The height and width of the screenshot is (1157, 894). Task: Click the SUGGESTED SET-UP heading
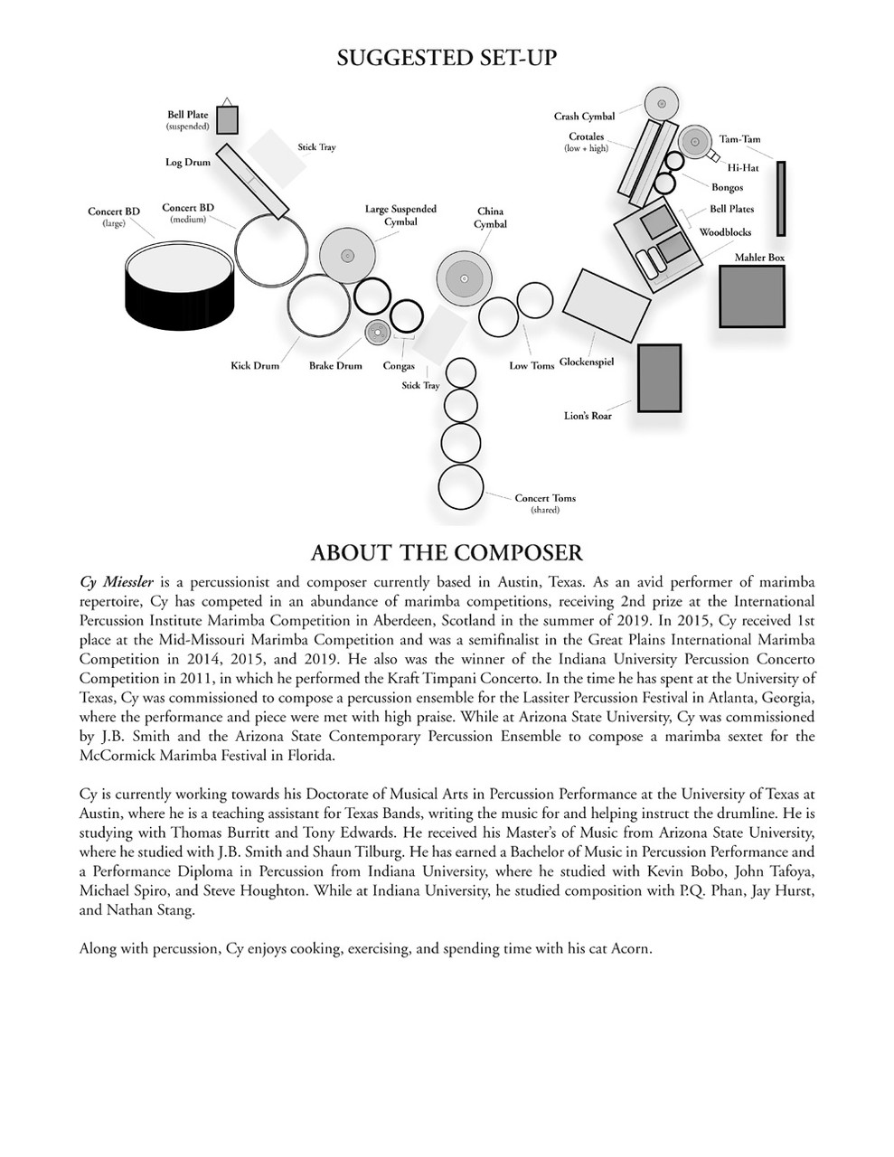pyautogui.click(x=447, y=59)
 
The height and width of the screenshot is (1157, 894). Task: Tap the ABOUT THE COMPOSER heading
pyautogui.click(x=447, y=552)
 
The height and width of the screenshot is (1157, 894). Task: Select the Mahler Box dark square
pyautogui.click(x=751, y=296)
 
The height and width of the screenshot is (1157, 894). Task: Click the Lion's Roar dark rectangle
pyautogui.click(x=659, y=377)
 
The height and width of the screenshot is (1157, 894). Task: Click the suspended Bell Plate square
pyautogui.click(x=227, y=119)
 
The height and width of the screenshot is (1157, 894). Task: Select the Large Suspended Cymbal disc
pyautogui.click(x=346, y=254)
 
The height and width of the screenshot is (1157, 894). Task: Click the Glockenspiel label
pyautogui.click(x=587, y=362)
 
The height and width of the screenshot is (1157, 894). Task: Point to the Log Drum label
pyautogui.click(x=187, y=163)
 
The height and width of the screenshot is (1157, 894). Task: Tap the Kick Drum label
pyautogui.click(x=255, y=366)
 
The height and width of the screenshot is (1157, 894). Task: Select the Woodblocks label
pyautogui.click(x=725, y=232)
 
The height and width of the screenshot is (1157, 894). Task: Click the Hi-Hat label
pyautogui.click(x=743, y=168)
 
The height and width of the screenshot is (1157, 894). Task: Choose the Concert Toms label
pyautogui.click(x=545, y=498)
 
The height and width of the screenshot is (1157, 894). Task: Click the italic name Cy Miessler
pyautogui.click(x=117, y=582)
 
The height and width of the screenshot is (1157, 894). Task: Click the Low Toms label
pyautogui.click(x=532, y=366)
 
